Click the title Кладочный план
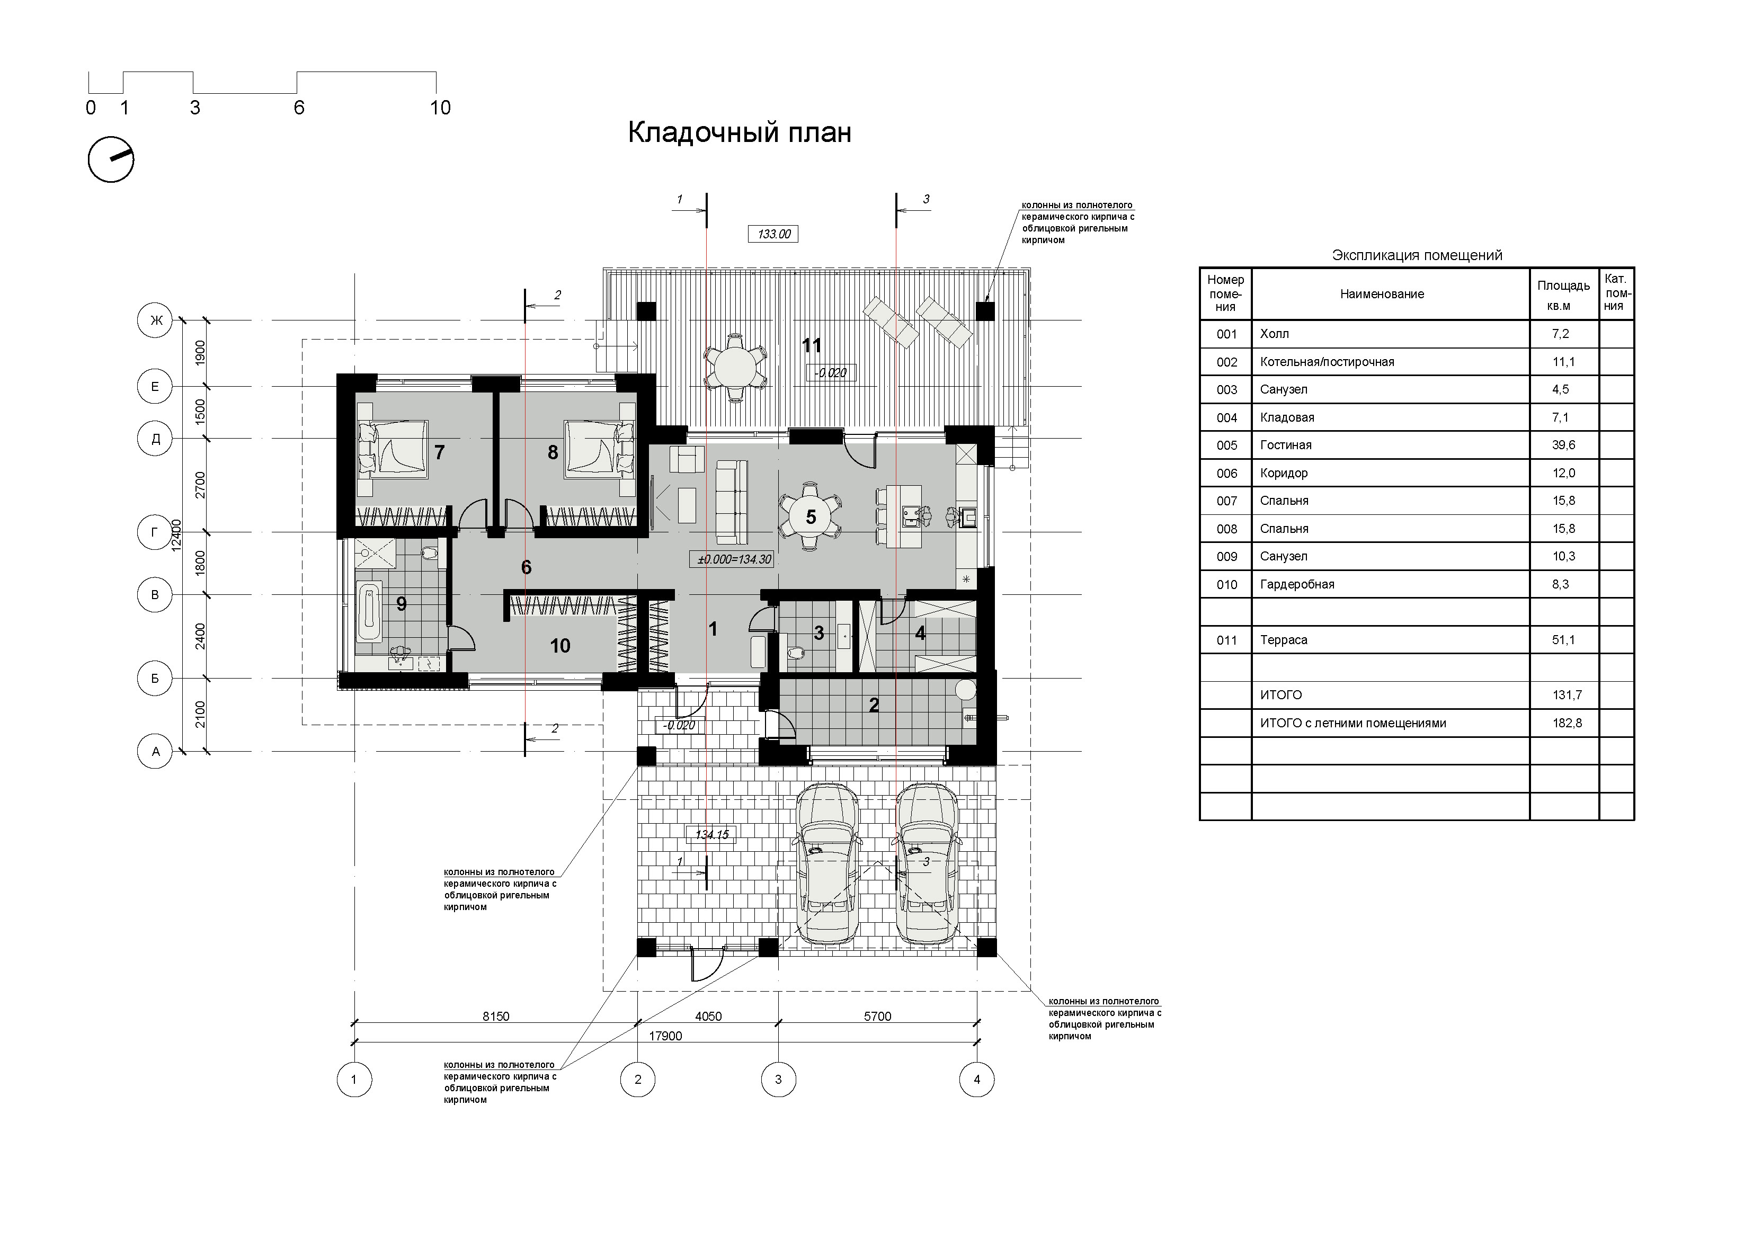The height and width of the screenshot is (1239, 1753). (x=739, y=133)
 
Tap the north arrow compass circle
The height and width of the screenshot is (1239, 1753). (x=111, y=159)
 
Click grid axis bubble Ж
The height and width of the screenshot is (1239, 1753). (x=155, y=320)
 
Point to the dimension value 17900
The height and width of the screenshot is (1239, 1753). (x=665, y=1036)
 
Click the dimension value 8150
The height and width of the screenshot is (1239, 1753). (x=495, y=1016)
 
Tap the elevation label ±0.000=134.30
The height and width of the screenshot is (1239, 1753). (x=734, y=559)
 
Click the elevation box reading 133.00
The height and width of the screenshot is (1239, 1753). (x=773, y=234)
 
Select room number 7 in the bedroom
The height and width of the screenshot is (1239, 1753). (x=439, y=453)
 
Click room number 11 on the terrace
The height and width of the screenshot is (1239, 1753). (x=811, y=346)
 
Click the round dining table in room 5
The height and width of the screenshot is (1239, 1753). (x=811, y=516)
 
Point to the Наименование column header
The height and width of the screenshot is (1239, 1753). (x=1382, y=294)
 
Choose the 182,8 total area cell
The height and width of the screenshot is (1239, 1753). (x=1567, y=723)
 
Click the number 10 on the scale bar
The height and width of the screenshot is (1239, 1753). (x=441, y=108)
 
